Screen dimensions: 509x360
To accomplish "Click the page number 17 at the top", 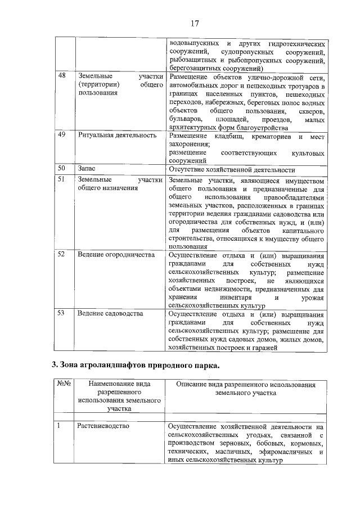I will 195,23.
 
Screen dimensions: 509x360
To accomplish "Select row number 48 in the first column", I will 62,76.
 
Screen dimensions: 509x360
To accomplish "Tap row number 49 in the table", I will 62,135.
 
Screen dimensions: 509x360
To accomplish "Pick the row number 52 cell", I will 62,255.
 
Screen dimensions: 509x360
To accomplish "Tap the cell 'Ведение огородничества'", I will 116,255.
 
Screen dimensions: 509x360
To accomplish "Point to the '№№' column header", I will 64,385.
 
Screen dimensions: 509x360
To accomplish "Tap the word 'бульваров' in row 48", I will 185,120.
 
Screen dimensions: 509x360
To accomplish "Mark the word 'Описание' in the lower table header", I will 191,385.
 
